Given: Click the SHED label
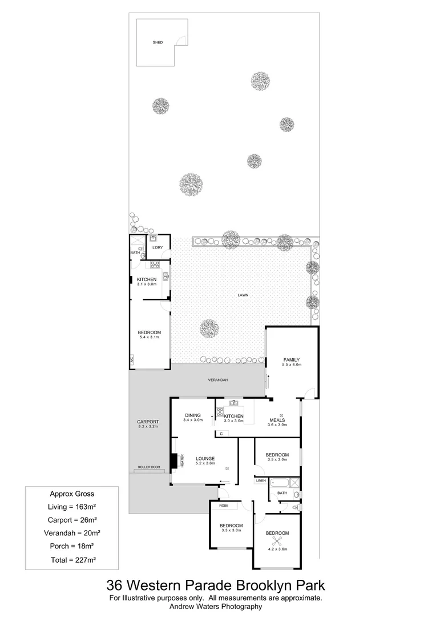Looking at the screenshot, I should pyautogui.click(x=158, y=43).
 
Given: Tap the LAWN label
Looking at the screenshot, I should pyautogui.click(x=244, y=295).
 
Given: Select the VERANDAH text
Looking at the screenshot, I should pyautogui.click(x=219, y=380).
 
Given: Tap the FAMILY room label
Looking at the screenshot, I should pyautogui.click(x=291, y=360).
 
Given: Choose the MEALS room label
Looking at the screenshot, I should pyautogui.click(x=277, y=420).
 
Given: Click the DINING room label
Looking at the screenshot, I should pyautogui.click(x=192, y=415).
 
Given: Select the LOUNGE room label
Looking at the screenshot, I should pyautogui.click(x=205, y=458).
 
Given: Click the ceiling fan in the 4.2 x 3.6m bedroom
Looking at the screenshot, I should pyautogui.click(x=277, y=540).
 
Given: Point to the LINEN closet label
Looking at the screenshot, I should pyautogui.click(x=261, y=481).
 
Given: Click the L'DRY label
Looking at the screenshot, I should pyautogui.click(x=158, y=247).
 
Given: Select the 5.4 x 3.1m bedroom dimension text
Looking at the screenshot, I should pyautogui.click(x=149, y=338).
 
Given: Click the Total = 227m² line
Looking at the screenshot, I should pyautogui.click(x=71, y=560).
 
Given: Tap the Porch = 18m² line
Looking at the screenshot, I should pyautogui.click(x=71, y=547).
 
